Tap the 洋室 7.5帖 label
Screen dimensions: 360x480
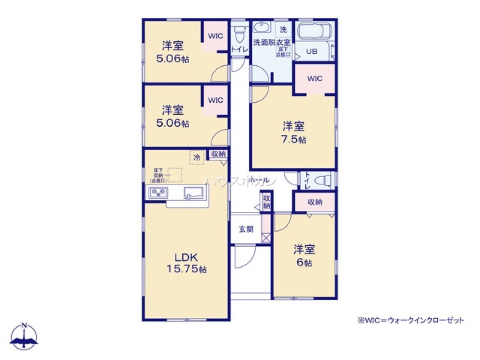pyautogui.click(x=293, y=133)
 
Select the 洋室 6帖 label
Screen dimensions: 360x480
pyautogui.click(x=304, y=256)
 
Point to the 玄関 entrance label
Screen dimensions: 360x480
pyautogui.click(x=246, y=229)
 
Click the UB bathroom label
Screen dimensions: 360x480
pyautogui.click(x=312, y=51)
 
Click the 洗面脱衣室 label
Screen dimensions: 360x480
pyautogui.click(x=271, y=42)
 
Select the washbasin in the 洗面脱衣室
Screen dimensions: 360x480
pyautogui.click(x=262, y=27)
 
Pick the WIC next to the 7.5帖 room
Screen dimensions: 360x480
pyautogui.click(x=314, y=79)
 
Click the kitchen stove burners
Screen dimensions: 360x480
pyautogui.click(x=158, y=193)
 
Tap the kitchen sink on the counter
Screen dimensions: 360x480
pyautogui.click(x=195, y=193)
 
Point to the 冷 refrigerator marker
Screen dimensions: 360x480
pyautogui.click(x=196, y=157)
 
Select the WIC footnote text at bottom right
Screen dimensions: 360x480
pyautogui.click(x=410, y=320)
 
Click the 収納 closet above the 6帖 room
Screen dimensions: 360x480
pyautogui.click(x=315, y=202)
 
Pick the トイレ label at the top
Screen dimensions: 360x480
pyautogui.click(x=239, y=49)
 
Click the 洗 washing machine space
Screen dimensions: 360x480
pyautogui.click(x=283, y=29)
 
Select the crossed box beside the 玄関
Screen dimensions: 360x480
pyautogui.click(x=266, y=237)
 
